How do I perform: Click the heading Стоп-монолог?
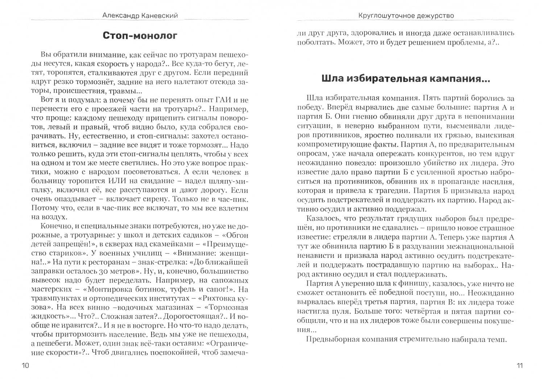[x=140, y=36]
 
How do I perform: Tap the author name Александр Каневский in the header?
[x=140, y=16]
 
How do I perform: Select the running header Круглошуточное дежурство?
[x=406, y=16]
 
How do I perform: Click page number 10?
[x=26, y=365]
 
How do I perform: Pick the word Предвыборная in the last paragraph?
[x=328, y=339]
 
